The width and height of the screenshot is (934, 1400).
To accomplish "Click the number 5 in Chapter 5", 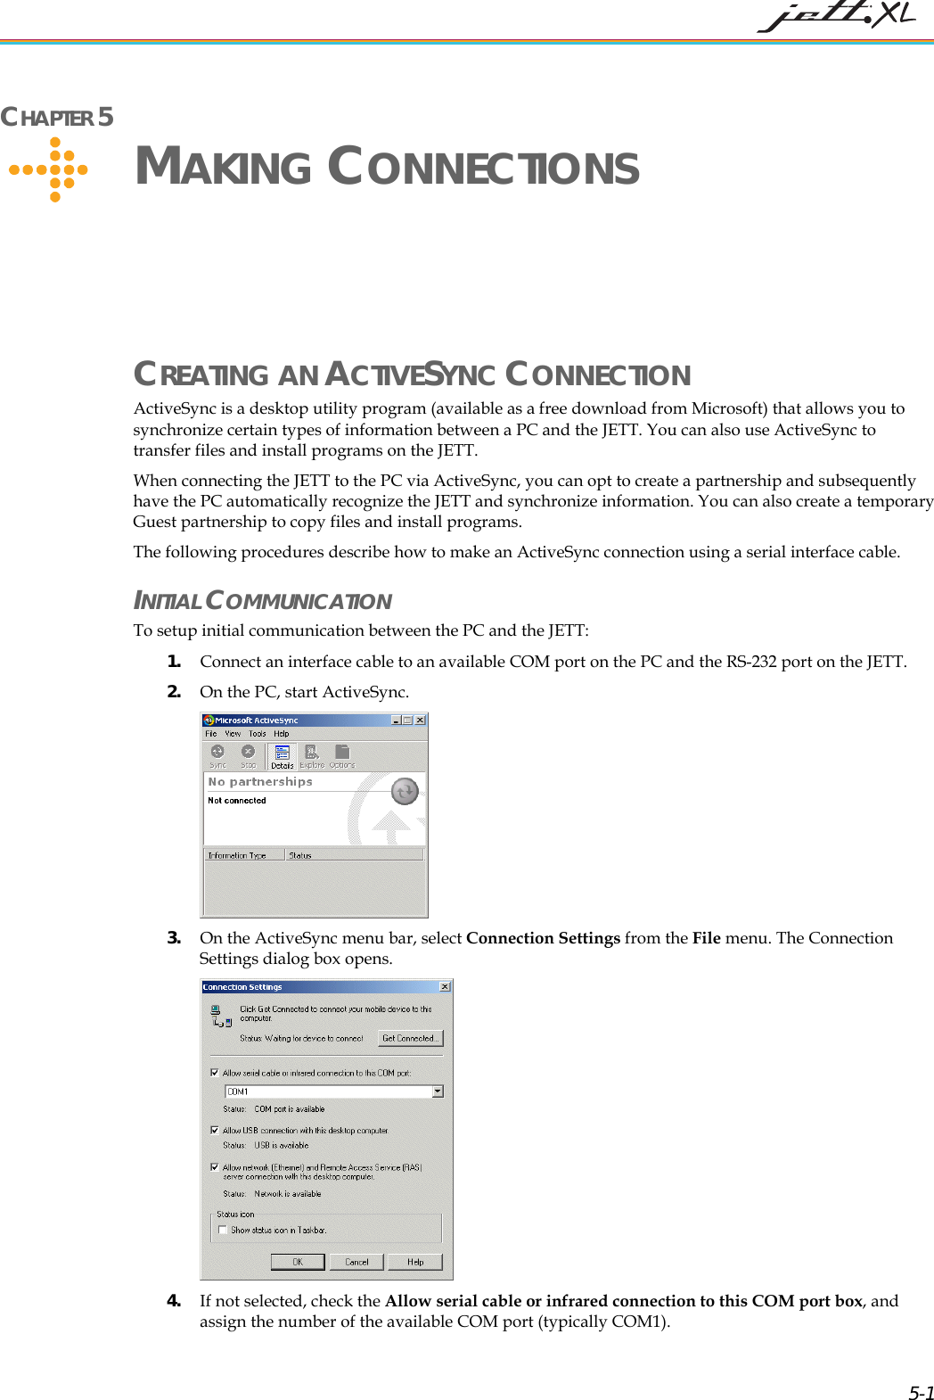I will (105, 117).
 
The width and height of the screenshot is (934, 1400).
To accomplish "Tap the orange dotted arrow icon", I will (49, 169).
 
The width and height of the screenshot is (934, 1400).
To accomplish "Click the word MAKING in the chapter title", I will (223, 167).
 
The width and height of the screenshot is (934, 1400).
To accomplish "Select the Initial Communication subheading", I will (262, 601).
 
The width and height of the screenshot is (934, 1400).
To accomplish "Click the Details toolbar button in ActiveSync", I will (282, 757).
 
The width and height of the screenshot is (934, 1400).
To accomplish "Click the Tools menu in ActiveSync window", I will (258, 734).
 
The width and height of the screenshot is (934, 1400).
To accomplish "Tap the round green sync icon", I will (405, 791).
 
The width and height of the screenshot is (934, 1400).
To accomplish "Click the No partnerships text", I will (260, 781).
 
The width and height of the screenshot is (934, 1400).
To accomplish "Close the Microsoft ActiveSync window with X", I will (421, 720).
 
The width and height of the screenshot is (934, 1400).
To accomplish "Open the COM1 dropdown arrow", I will (438, 1091).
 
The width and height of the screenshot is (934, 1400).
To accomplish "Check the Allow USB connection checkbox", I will (215, 1130).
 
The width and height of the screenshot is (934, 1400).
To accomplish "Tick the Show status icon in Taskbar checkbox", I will (223, 1230).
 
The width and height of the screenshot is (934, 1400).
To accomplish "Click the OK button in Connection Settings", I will (298, 1262).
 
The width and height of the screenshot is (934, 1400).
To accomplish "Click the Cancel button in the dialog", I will (356, 1262).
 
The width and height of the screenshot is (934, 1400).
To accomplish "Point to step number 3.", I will (174, 937).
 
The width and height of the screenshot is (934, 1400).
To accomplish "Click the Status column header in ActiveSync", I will (300, 855).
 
